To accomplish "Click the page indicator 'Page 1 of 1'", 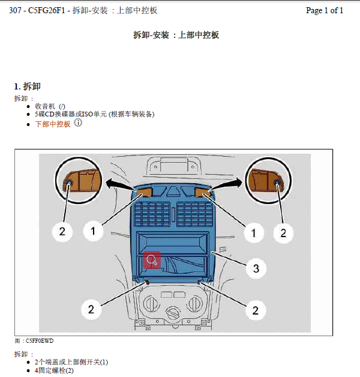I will (324, 10).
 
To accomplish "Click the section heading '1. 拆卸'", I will (27, 86).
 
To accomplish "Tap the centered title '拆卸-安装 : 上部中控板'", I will (176, 35).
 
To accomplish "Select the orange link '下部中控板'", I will (53, 124).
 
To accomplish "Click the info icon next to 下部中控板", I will (78, 123).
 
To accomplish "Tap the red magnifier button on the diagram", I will (152, 260).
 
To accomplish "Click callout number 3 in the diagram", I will (256, 268).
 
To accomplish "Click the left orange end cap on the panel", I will (143, 192).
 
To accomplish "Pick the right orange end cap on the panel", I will (203, 192).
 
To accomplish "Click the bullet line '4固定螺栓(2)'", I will (54, 370).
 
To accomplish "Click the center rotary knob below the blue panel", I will (175, 312).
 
